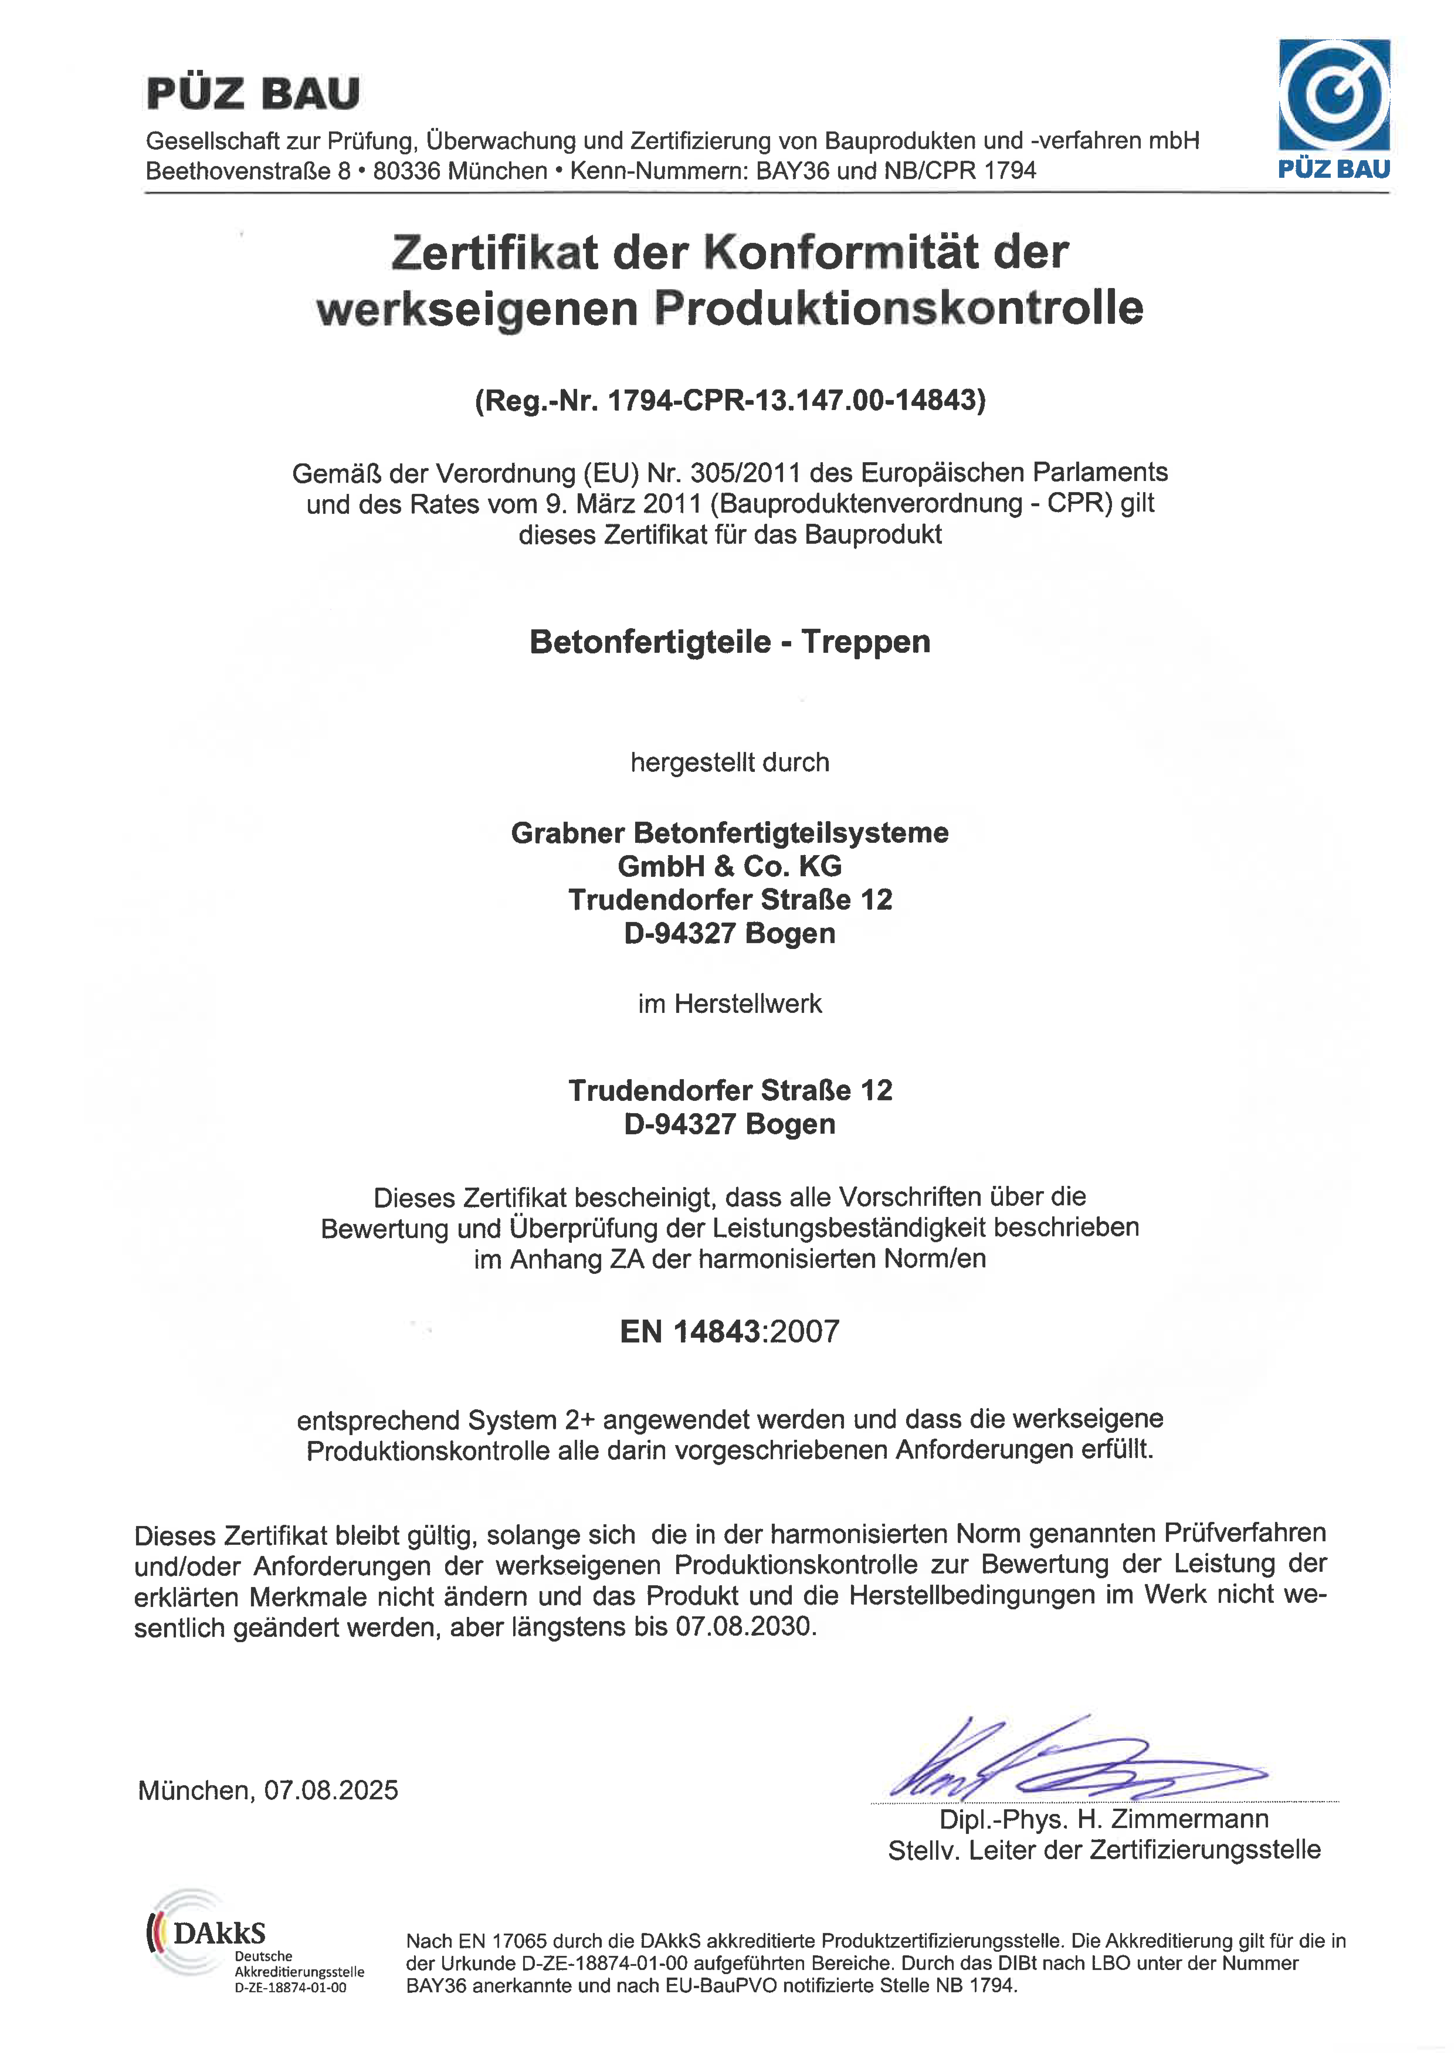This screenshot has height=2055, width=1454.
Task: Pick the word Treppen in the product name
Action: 866,642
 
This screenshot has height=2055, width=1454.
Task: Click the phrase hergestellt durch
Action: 730,763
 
